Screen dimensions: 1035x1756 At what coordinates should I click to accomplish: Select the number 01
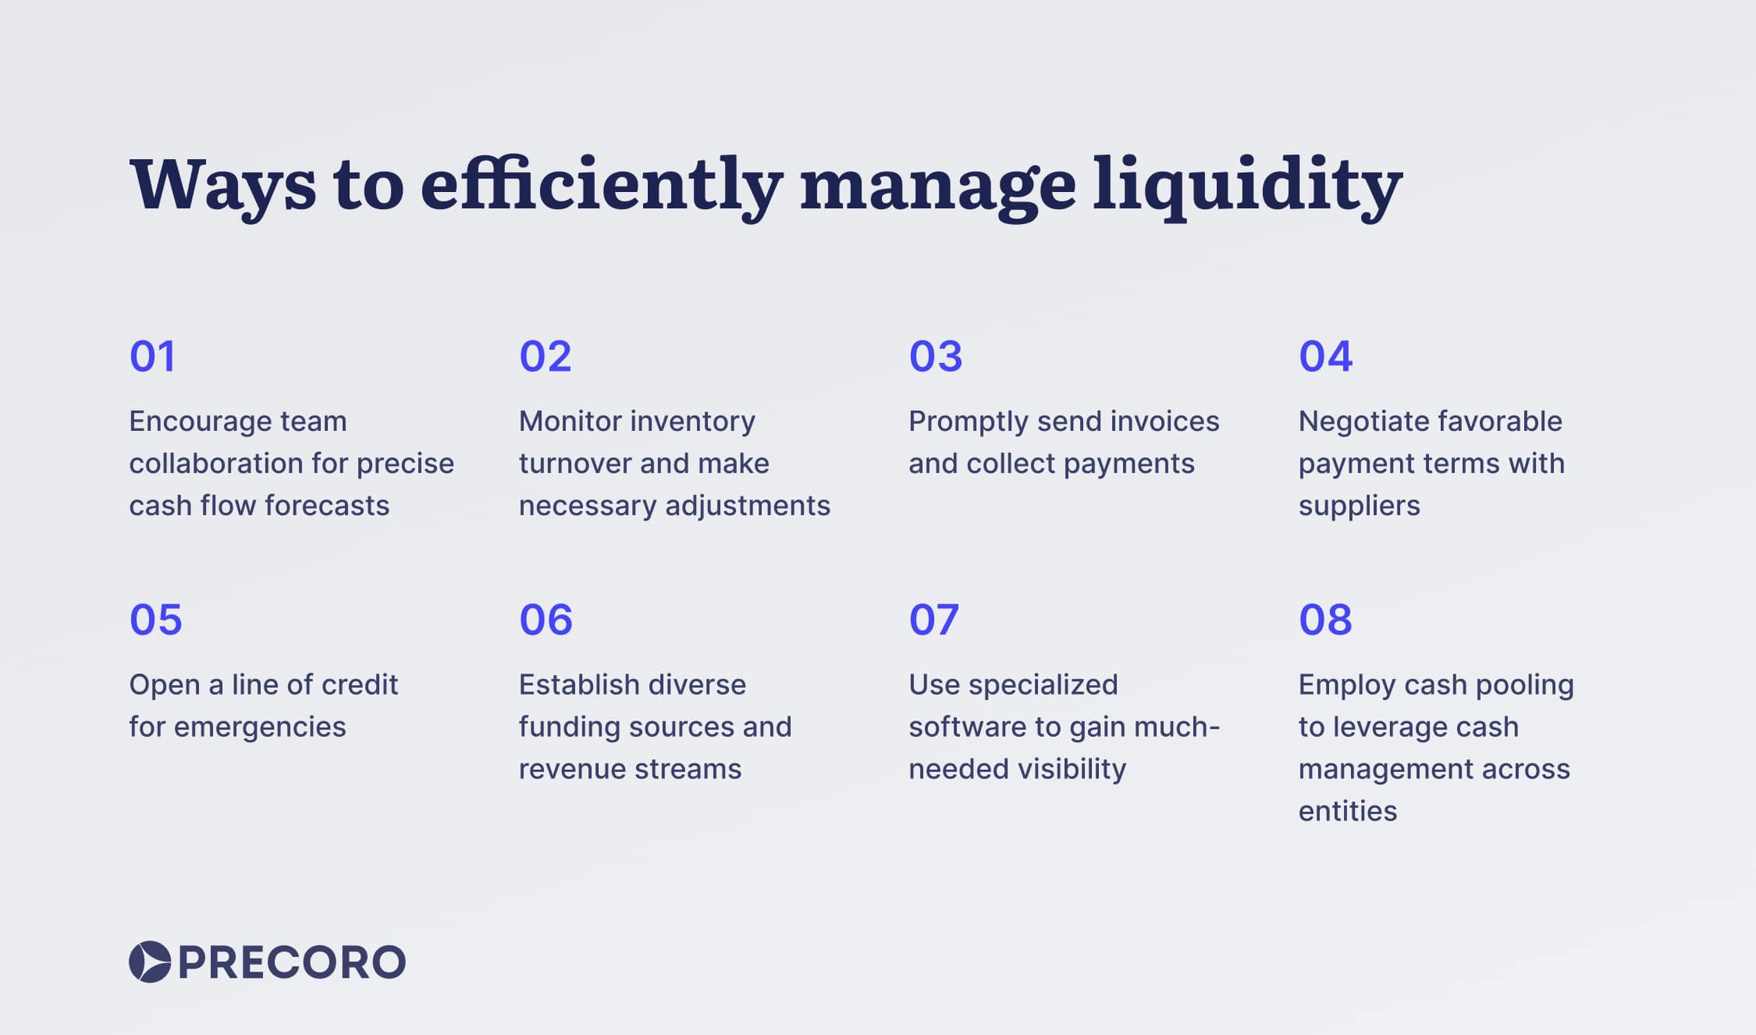pyautogui.click(x=153, y=357)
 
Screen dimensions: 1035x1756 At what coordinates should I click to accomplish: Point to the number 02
pyautogui.click(x=546, y=357)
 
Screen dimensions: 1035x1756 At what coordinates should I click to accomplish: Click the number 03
pyautogui.click(x=936, y=357)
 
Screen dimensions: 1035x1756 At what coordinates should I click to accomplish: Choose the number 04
pyautogui.click(x=1325, y=357)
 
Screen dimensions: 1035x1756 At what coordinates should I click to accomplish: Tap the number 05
pyautogui.click(x=156, y=620)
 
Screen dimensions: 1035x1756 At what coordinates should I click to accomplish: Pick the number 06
pyautogui.click(x=546, y=620)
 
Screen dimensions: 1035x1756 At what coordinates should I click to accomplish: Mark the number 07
pyautogui.click(x=934, y=620)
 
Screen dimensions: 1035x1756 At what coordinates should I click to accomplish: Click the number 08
pyautogui.click(x=1325, y=620)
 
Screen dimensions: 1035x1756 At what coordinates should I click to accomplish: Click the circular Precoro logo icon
pyautogui.click(x=150, y=962)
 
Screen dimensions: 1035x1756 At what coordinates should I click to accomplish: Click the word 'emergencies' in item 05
pyautogui.click(x=260, y=727)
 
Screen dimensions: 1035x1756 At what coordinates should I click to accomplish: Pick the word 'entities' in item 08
pyautogui.click(x=1348, y=812)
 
